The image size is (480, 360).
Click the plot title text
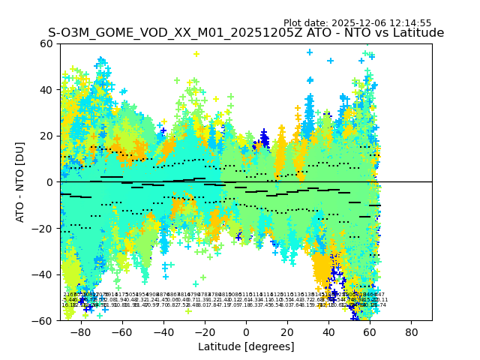tap(246, 33)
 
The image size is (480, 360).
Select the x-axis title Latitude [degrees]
tap(246, 346)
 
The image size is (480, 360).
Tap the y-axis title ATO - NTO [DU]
tap(20, 182)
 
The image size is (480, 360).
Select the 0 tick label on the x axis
tap(246, 331)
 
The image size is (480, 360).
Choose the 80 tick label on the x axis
tap(411, 331)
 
